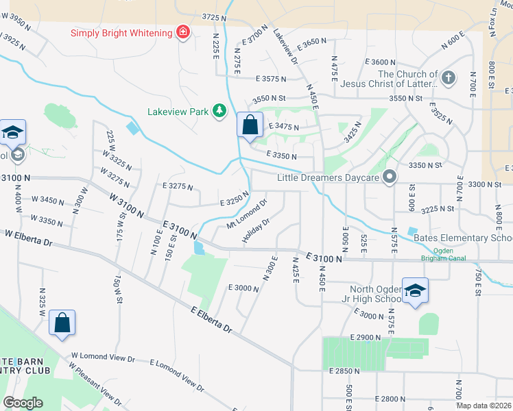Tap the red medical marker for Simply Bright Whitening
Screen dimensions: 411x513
click(183, 32)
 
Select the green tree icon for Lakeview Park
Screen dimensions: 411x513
click(219, 111)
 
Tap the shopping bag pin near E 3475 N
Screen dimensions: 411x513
click(250, 126)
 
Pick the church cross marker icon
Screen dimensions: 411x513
click(449, 77)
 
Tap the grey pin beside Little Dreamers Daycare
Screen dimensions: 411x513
click(390, 177)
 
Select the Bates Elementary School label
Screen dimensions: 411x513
click(463, 238)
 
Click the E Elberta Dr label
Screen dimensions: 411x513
click(212, 320)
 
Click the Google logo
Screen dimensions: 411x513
click(23, 403)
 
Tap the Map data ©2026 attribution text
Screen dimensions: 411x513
click(484, 406)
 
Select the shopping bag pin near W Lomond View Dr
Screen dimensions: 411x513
click(62, 324)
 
